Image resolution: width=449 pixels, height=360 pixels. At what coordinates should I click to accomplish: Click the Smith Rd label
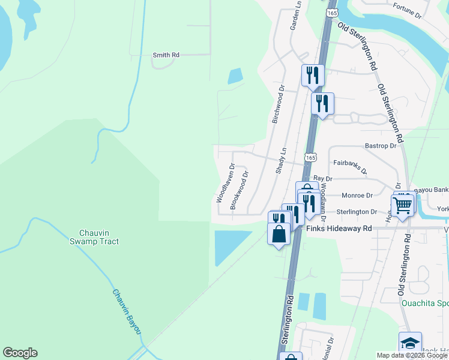[x=166, y=55]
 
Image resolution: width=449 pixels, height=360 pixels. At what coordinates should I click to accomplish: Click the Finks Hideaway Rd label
[x=339, y=229]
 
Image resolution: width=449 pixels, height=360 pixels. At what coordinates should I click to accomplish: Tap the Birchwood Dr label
[x=277, y=104]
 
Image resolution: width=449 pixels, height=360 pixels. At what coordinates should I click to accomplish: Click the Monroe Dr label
[x=357, y=195]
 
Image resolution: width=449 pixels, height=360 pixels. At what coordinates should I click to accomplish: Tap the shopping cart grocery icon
[x=403, y=205]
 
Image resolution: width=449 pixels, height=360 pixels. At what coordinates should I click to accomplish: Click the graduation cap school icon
[x=411, y=343]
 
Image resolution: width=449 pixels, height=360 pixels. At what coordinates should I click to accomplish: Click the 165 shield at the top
[x=332, y=12]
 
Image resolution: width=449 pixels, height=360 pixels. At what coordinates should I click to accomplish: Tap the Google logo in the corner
[x=20, y=353]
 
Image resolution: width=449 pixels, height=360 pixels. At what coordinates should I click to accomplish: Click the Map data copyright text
[x=412, y=355]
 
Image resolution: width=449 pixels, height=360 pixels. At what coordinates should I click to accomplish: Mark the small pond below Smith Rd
[x=235, y=76]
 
